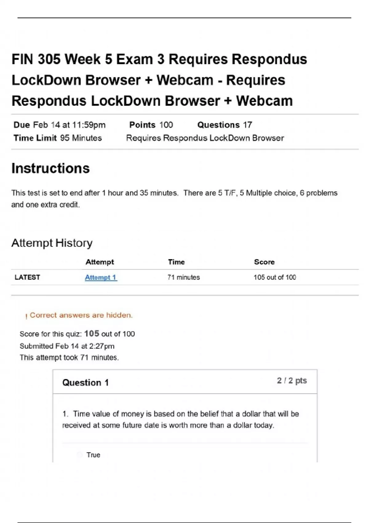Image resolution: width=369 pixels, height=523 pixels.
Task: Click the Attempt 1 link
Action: click(x=101, y=277)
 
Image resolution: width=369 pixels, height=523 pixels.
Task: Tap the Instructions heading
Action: click(x=50, y=168)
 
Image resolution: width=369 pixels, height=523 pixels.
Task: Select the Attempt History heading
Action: click(x=52, y=243)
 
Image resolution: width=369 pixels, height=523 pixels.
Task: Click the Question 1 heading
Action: click(x=85, y=382)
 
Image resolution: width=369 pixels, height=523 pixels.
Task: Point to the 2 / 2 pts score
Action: click(x=292, y=381)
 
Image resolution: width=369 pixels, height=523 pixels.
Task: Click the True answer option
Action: click(x=93, y=455)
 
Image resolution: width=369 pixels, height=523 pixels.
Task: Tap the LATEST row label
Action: click(x=27, y=277)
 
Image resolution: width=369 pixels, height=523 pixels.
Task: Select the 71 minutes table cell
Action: click(x=184, y=277)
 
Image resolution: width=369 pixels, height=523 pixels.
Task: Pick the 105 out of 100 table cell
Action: click(x=275, y=277)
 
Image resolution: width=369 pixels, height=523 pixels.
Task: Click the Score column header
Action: click(x=264, y=262)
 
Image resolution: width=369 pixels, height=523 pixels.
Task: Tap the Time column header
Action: click(x=176, y=262)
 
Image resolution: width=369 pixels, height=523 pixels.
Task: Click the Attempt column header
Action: click(x=100, y=262)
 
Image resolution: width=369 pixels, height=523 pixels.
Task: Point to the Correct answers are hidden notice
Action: click(x=81, y=315)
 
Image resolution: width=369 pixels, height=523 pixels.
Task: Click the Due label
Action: click(x=22, y=125)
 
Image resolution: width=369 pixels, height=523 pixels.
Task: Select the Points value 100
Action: click(x=166, y=125)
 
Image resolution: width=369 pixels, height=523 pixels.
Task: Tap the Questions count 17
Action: click(x=248, y=125)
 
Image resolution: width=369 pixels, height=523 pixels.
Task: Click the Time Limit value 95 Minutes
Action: click(x=81, y=138)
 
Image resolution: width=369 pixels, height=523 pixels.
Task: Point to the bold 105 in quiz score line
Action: click(x=92, y=333)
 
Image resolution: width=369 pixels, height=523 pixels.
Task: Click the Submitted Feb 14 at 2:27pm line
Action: click(x=67, y=346)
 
